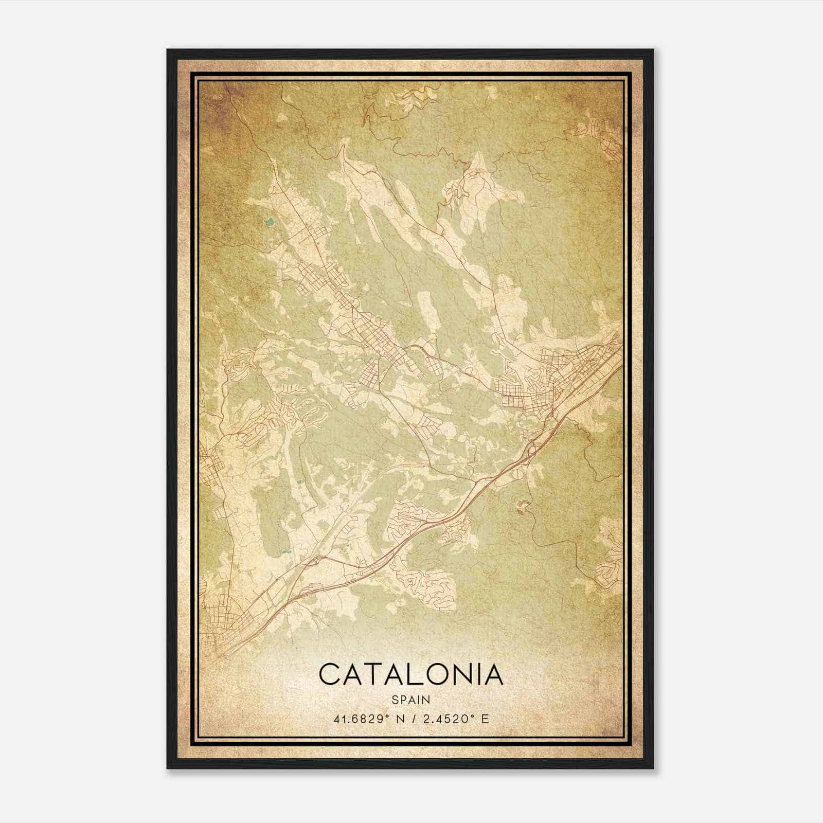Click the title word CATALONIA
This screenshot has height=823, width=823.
[x=410, y=674]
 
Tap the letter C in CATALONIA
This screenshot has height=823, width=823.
[x=331, y=674]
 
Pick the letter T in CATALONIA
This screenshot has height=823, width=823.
[x=373, y=674]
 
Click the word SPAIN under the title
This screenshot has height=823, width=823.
[x=410, y=700]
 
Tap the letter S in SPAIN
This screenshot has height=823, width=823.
[x=395, y=700]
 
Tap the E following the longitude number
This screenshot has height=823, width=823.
[x=485, y=719]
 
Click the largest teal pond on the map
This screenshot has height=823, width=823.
[x=269, y=223]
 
